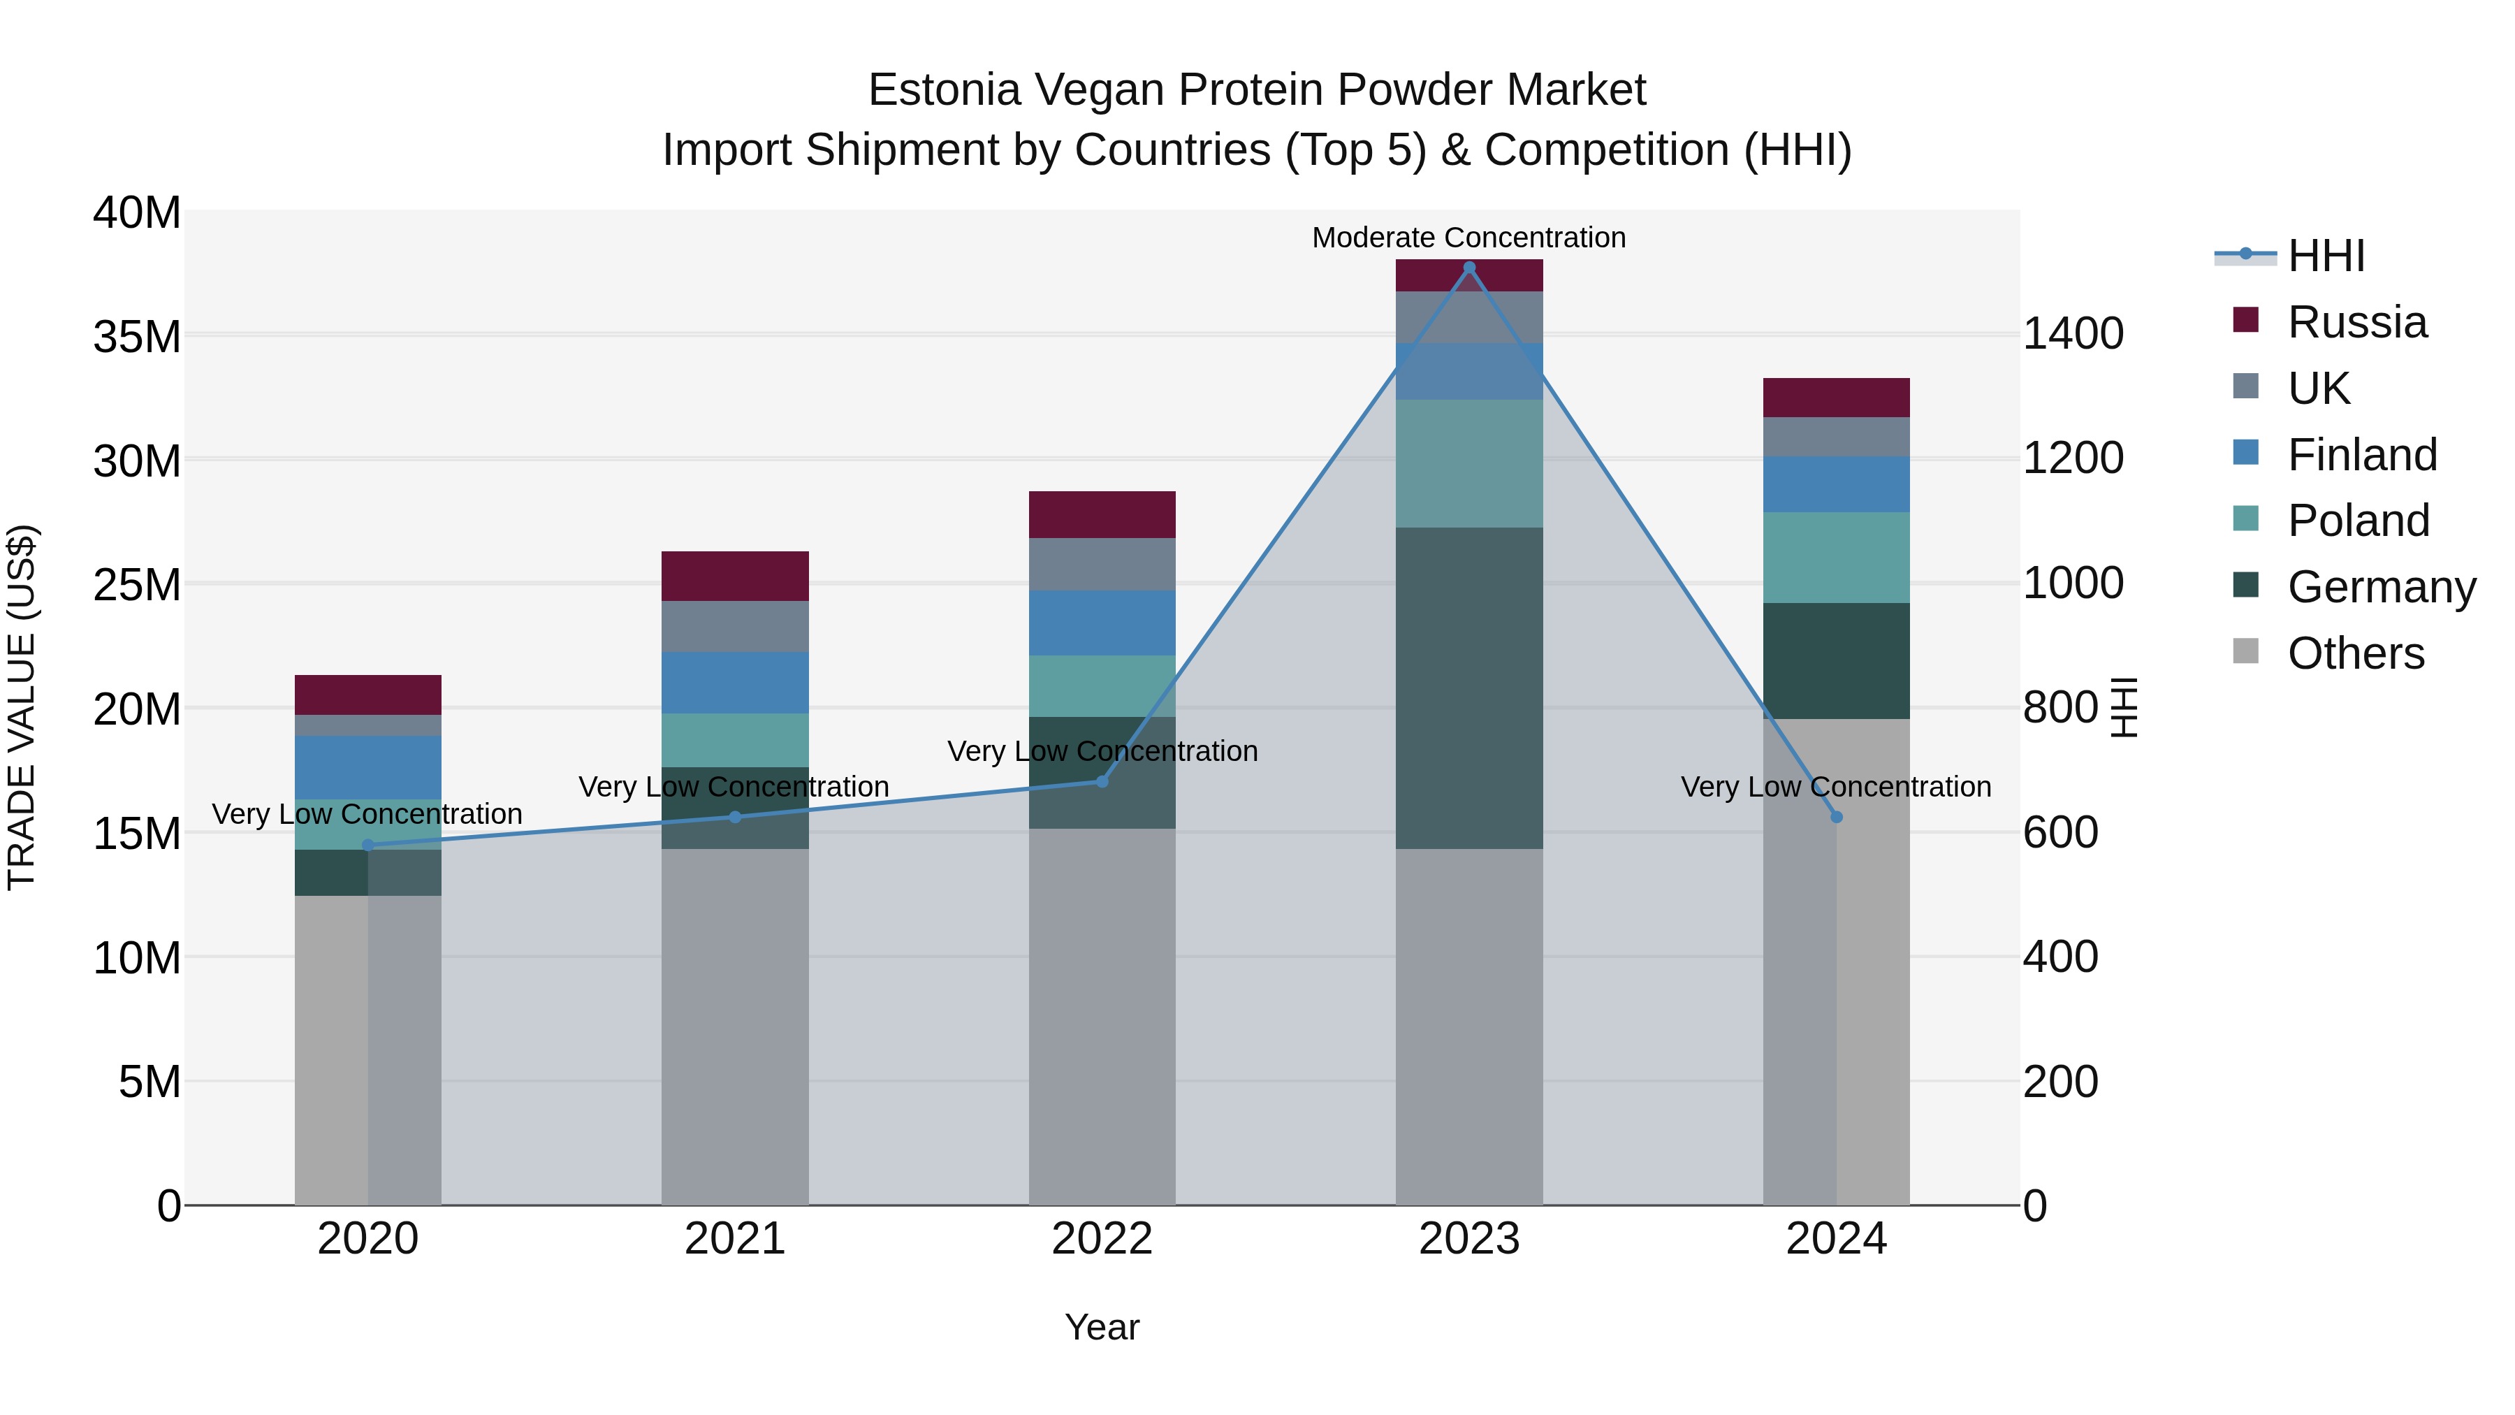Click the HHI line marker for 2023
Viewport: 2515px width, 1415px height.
pos(1469,268)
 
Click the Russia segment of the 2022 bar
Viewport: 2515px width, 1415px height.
pos(1102,514)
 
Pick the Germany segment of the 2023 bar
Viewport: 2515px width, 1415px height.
pos(1469,688)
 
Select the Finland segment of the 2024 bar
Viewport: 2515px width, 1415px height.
pos(1837,484)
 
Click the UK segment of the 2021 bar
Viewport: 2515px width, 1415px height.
pos(735,626)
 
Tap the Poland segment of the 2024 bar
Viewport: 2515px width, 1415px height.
pos(1837,557)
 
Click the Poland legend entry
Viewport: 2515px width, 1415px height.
pos(2357,521)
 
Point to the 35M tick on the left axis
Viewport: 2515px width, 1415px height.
pos(137,337)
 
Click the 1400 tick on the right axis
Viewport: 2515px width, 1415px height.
pos(2072,334)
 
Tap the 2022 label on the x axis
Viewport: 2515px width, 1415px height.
pos(1102,1239)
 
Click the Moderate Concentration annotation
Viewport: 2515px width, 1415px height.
pos(1468,238)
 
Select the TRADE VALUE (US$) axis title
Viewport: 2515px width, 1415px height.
pos(22,707)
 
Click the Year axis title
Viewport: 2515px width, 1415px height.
pos(1102,1327)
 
